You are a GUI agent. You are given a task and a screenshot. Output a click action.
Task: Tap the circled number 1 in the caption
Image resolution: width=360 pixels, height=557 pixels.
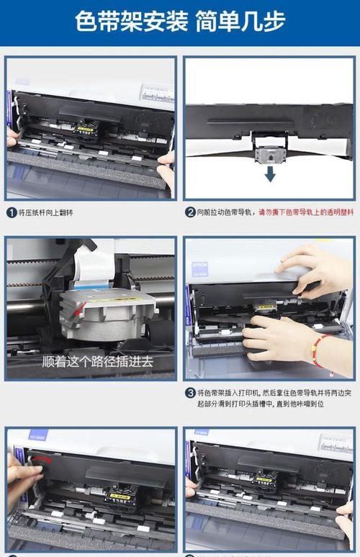click(x=12, y=212)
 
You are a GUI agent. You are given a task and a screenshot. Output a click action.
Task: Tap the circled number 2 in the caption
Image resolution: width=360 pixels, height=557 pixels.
click(x=190, y=212)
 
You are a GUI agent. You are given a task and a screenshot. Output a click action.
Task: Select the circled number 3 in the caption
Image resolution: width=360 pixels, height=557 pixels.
click(x=190, y=393)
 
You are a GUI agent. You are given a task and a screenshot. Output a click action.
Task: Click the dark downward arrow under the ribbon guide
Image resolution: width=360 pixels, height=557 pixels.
click(x=269, y=173)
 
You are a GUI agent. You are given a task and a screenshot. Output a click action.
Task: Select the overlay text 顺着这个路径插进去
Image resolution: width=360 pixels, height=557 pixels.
click(x=97, y=361)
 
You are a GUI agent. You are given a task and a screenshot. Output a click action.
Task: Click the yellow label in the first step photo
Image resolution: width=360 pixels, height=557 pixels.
click(x=87, y=130)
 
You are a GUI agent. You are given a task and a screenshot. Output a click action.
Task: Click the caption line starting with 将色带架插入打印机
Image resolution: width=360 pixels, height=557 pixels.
click(x=270, y=393)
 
